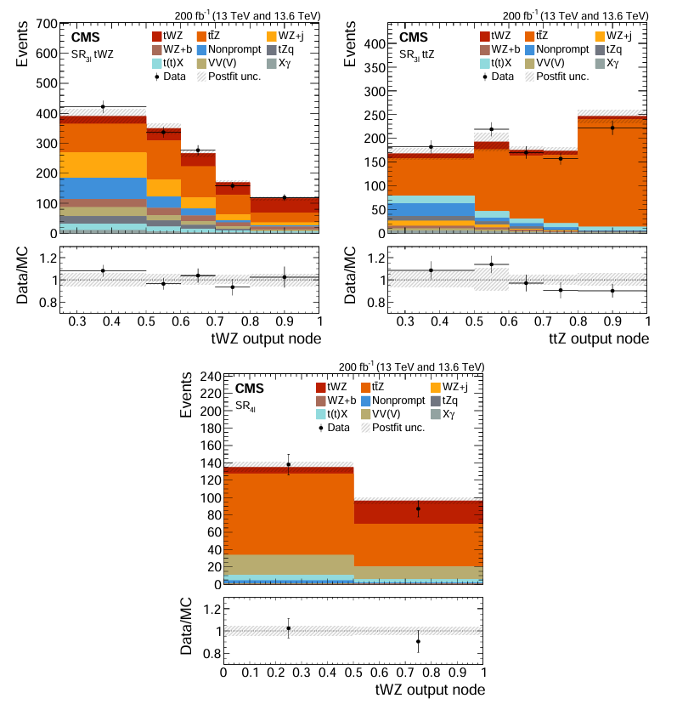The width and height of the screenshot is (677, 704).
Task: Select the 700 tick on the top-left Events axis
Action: pyautogui.click(x=47, y=22)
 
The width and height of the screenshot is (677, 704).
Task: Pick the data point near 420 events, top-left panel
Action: pyautogui.click(x=103, y=106)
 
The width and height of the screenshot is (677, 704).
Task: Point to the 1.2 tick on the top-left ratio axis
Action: pyautogui.click(x=47, y=258)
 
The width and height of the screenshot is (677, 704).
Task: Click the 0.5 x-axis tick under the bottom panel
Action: pyautogui.click(x=353, y=673)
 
